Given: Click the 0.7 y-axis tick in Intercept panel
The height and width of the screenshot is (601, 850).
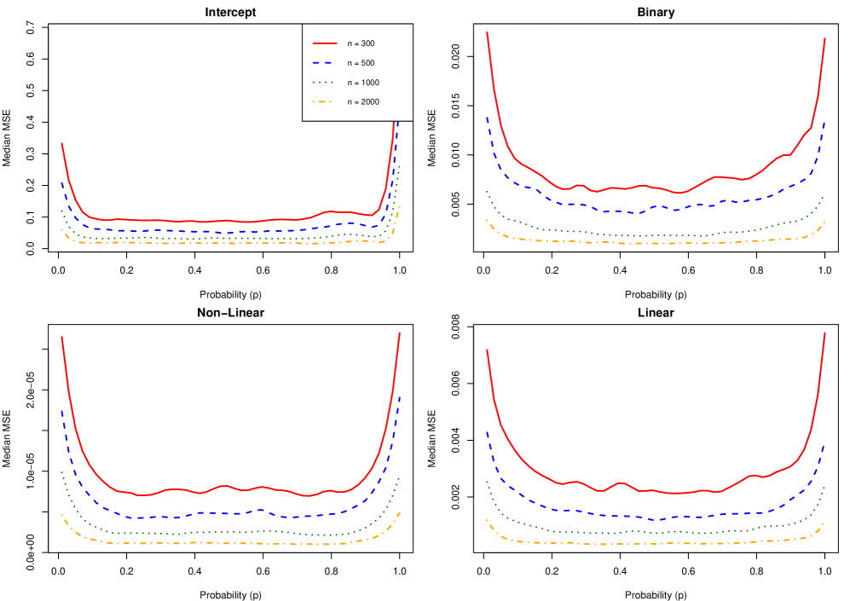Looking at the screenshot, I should coord(31,28).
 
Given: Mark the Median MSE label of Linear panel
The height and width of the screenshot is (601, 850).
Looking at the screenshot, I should coord(432,440).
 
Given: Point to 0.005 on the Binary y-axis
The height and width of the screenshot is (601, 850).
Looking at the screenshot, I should coord(455,203).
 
